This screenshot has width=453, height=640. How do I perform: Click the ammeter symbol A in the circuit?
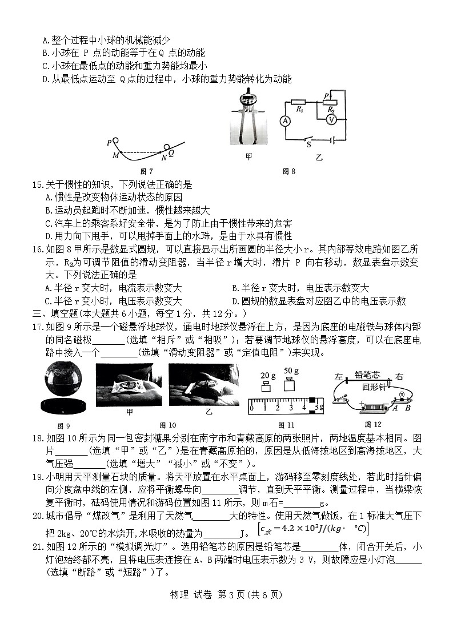pos(285,120)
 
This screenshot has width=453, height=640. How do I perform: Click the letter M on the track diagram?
pos(116,155)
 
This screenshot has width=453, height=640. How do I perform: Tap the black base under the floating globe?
pos(64,406)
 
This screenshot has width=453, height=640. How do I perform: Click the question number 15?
pos(38,184)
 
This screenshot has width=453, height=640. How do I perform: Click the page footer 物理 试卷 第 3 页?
pos(226,594)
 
